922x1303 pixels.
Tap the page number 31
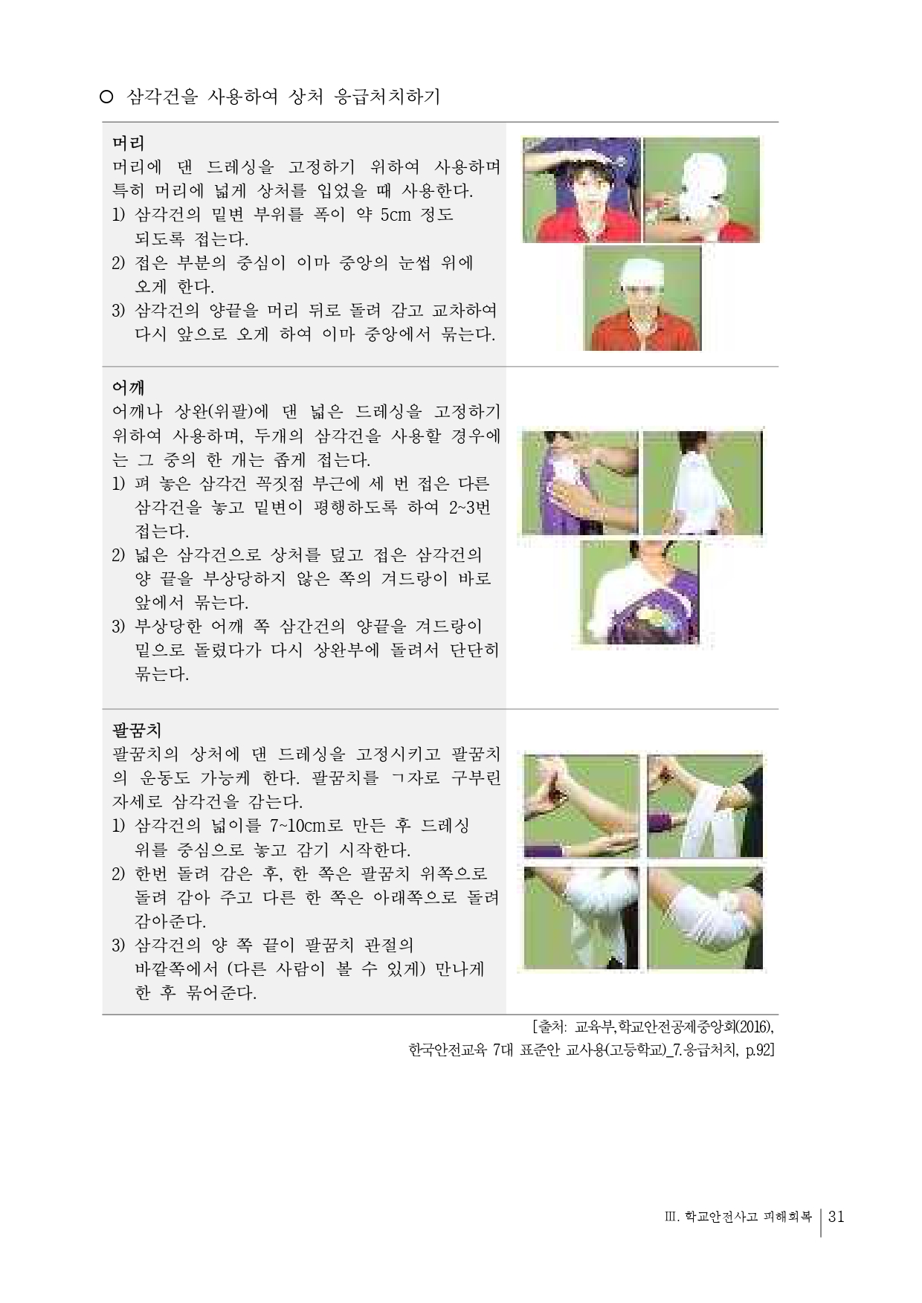(x=835, y=1217)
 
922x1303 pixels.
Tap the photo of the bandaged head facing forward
(x=642, y=298)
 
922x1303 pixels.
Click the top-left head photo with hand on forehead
(x=581, y=190)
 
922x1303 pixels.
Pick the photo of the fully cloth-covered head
(x=701, y=190)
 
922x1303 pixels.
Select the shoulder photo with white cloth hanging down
(x=701, y=482)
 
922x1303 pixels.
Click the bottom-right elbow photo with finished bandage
(x=704, y=919)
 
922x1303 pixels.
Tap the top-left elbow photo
(x=581, y=806)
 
